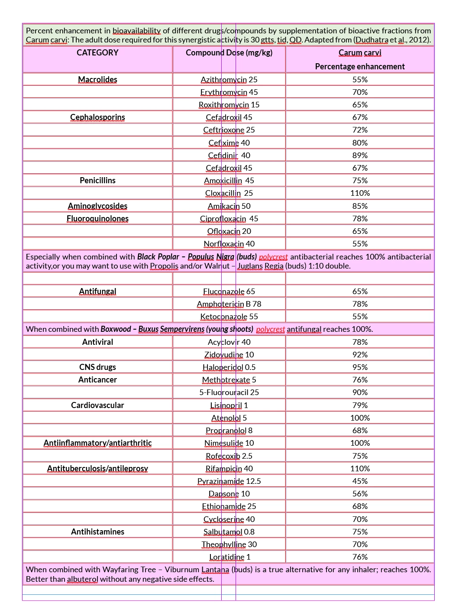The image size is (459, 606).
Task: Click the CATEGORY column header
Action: pyautogui.click(x=97, y=53)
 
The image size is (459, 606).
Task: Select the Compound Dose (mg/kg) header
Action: pyautogui.click(x=229, y=53)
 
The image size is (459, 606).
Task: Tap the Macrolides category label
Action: pyautogui.click(x=97, y=80)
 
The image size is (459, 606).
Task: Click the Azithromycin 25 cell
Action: pyautogui.click(x=229, y=80)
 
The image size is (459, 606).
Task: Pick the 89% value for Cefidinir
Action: pyautogui.click(x=360, y=156)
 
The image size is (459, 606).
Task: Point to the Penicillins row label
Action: pyautogui.click(x=97, y=181)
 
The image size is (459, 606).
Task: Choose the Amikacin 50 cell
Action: pyautogui.click(x=229, y=206)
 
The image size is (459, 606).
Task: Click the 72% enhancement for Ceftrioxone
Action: pyautogui.click(x=360, y=130)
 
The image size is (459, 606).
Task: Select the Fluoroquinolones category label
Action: pyautogui.click(x=97, y=219)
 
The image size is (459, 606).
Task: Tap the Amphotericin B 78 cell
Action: pyautogui.click(x=229, y=304)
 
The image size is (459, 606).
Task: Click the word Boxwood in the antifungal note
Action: pyautogui.click(x=116, y=329)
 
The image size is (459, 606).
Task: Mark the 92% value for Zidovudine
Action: pyautogui.click(x=360, y=355)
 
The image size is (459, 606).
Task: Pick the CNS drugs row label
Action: pyautogui.click(x=97, y=367)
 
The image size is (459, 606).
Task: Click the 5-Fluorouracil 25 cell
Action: pyautogui.click(x=229, y=392)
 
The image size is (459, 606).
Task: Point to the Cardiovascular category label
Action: pyautogui.click(x=97, y=405)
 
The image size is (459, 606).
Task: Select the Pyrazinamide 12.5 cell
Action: pyautogui.click(x=229, y=481)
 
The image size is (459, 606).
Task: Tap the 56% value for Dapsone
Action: pyautogui.click(x=360, y=494)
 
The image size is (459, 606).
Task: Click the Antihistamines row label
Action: pyautogui.click(x=97, y=532)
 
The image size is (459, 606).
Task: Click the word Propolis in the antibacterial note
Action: pyautogui.click(x=164, y=266)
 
